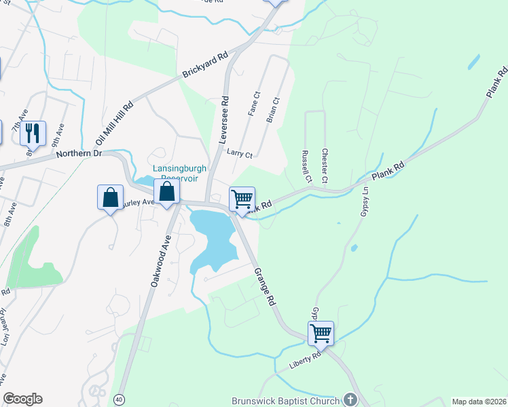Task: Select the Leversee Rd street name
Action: click(x=223, y=119)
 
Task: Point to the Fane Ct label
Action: click(x=254, y=104)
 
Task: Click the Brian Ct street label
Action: click(x=275, y=109)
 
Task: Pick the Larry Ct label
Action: click(x=240, y=155)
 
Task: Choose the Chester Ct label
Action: click(x=325, y=166)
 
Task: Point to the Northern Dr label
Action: click(x=78, y=154)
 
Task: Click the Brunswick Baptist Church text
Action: click(x=285, y=401)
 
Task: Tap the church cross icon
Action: click(x=350, y=400)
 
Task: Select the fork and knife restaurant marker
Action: click(x=33, y=133)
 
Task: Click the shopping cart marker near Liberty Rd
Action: click(x=321, y=333)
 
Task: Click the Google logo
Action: click(x=22, y=399)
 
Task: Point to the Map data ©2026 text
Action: click(x=478, y=402)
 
